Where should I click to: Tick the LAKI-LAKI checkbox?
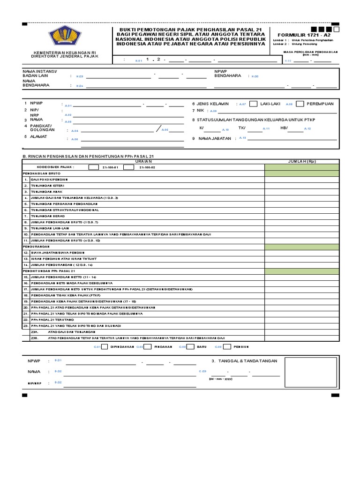click(253, 104)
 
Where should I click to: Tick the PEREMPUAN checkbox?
click(300, 104)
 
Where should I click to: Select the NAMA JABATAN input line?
click(292, 139)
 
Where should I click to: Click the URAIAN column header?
click(143, 161)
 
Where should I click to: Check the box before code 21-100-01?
click(93, 167)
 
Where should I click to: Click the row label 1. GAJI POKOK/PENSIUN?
click(49, 180)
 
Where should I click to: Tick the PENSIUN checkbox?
click(227, 347)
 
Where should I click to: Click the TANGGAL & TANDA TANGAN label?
click(245, 360)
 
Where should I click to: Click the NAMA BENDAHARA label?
click(33, 83)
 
